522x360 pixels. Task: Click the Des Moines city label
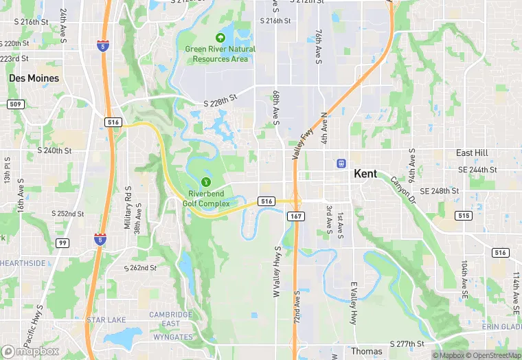point(34,78)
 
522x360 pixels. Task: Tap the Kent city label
point(365,174)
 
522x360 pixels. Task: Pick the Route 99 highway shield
point(63,243)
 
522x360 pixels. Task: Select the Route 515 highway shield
point(464,216)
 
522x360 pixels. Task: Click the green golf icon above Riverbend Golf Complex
point(205,182)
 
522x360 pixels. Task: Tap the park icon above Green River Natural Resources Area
point(220,38)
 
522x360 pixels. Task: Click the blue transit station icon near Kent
point(340,164)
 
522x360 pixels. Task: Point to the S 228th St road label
point(220,101)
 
